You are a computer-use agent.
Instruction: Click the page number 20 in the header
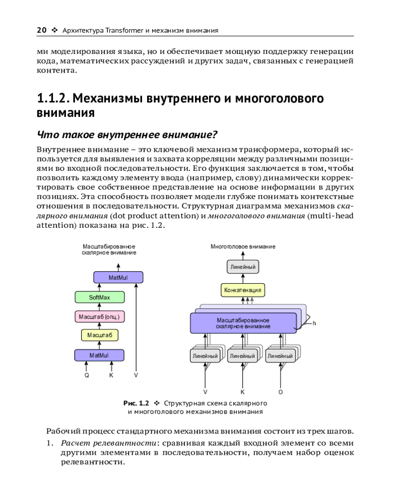(42, 30)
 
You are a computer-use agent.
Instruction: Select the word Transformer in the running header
(125, 31)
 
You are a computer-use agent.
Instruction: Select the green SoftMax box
(99, 297)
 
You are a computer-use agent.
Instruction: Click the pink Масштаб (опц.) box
(99, 317)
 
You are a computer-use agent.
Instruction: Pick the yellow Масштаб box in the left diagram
(99, 335)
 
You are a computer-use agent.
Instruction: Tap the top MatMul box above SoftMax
(118, 278)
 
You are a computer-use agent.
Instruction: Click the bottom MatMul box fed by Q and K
(99, 355)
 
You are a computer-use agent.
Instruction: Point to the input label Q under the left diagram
(87, 375)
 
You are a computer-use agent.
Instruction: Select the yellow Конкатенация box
(243, 290)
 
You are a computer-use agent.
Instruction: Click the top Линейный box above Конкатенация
(243, 266)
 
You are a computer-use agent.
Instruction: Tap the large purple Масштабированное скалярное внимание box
(243, 323)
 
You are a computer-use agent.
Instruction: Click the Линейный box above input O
(280, 356)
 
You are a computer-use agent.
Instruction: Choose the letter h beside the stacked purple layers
(314, 323)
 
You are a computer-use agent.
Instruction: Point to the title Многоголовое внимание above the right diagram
(243, 246)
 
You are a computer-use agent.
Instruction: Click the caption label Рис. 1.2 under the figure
(137, 403)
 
